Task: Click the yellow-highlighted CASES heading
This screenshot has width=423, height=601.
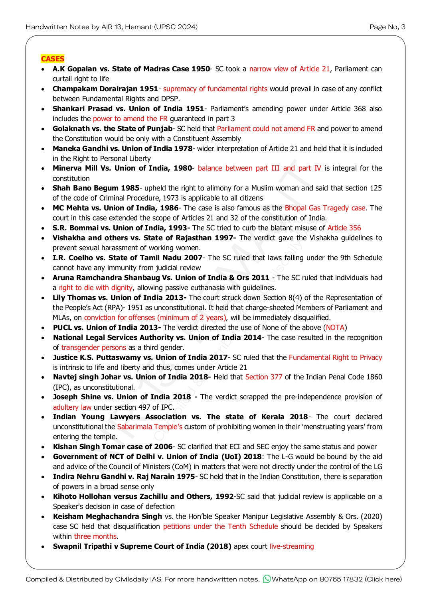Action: tap(52, 59)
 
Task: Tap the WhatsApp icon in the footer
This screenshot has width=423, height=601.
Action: tap(267, 579)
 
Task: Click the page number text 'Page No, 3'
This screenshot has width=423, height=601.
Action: tap(387, 27)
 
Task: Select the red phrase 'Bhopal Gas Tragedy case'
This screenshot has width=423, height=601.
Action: tap(325, 208)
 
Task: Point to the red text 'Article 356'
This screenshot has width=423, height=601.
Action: tap(344, 228)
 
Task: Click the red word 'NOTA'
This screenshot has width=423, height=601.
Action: tap(335, 328)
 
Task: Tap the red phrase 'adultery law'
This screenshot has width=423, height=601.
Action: tap(72, 407)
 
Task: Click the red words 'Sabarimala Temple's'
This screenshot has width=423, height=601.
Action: tap(150, 427)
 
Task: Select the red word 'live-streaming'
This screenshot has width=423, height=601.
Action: tap(292, 546)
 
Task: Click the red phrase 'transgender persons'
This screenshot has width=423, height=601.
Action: tap(93, 348)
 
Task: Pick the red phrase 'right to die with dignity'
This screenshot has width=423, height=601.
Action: tap(96, 288)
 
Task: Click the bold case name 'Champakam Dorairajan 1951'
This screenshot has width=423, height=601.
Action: tap(105, 89)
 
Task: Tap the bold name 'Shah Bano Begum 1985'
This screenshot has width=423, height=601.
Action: tap(96, 188)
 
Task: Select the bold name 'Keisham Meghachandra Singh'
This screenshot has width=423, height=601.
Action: tap(107, 517)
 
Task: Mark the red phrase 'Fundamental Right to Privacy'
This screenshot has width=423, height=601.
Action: tap(335, 357)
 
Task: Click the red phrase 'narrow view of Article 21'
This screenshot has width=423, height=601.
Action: tap(289, 69)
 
